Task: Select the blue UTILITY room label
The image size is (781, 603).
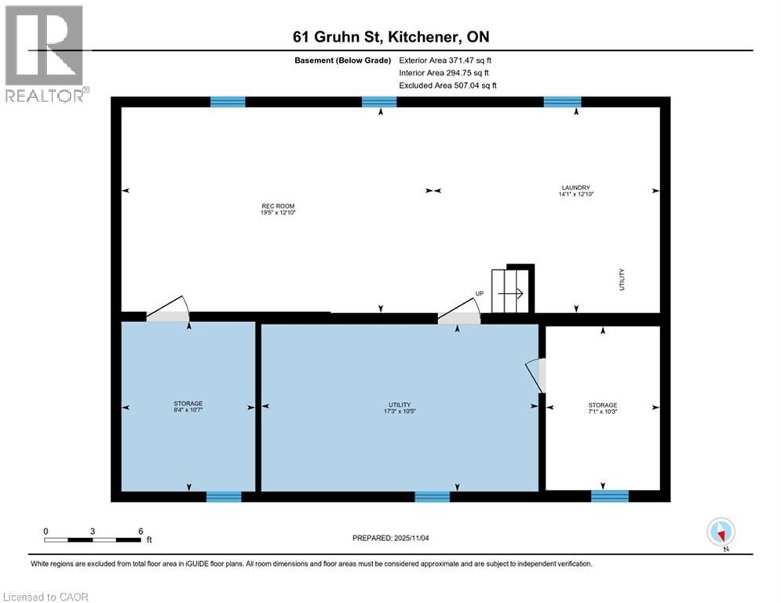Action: pos(400,404)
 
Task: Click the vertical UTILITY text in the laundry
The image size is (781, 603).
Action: pos(622,279)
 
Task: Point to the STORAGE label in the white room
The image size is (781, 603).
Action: pos(603,405)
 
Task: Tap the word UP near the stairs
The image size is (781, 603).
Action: pos(479,294)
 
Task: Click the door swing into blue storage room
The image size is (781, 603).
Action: pos(167,309)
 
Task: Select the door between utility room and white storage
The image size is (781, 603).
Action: pos(537,375)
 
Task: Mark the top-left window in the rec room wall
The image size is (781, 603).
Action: pos(228,101)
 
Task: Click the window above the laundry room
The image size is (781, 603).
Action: pos(562,101)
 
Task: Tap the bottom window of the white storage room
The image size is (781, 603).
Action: pos(610,495)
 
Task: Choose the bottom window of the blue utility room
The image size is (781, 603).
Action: pos(432,495)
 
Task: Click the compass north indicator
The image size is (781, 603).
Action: pos(720,532)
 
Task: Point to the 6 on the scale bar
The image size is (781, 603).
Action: pos(140,531)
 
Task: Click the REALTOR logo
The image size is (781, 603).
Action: pos(44,53)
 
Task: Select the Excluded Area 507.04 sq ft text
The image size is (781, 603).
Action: pos(447,85)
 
